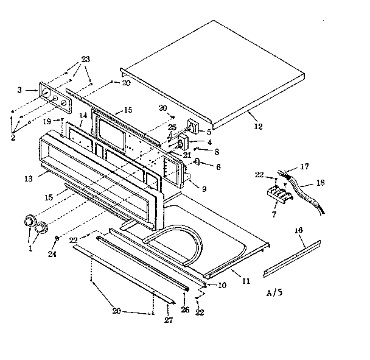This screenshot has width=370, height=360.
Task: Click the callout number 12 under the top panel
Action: [x=258, y=127]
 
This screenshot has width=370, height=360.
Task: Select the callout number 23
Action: [x=85, y=59]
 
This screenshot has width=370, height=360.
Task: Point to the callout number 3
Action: [x=19, y=90]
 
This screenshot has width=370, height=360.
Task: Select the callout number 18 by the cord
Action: [x=318, y=183]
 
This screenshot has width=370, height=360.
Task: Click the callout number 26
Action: [x=184, y=309]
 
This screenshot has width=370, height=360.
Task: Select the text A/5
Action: [x=275, y=293]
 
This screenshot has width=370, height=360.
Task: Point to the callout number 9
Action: [x=204, y=189]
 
